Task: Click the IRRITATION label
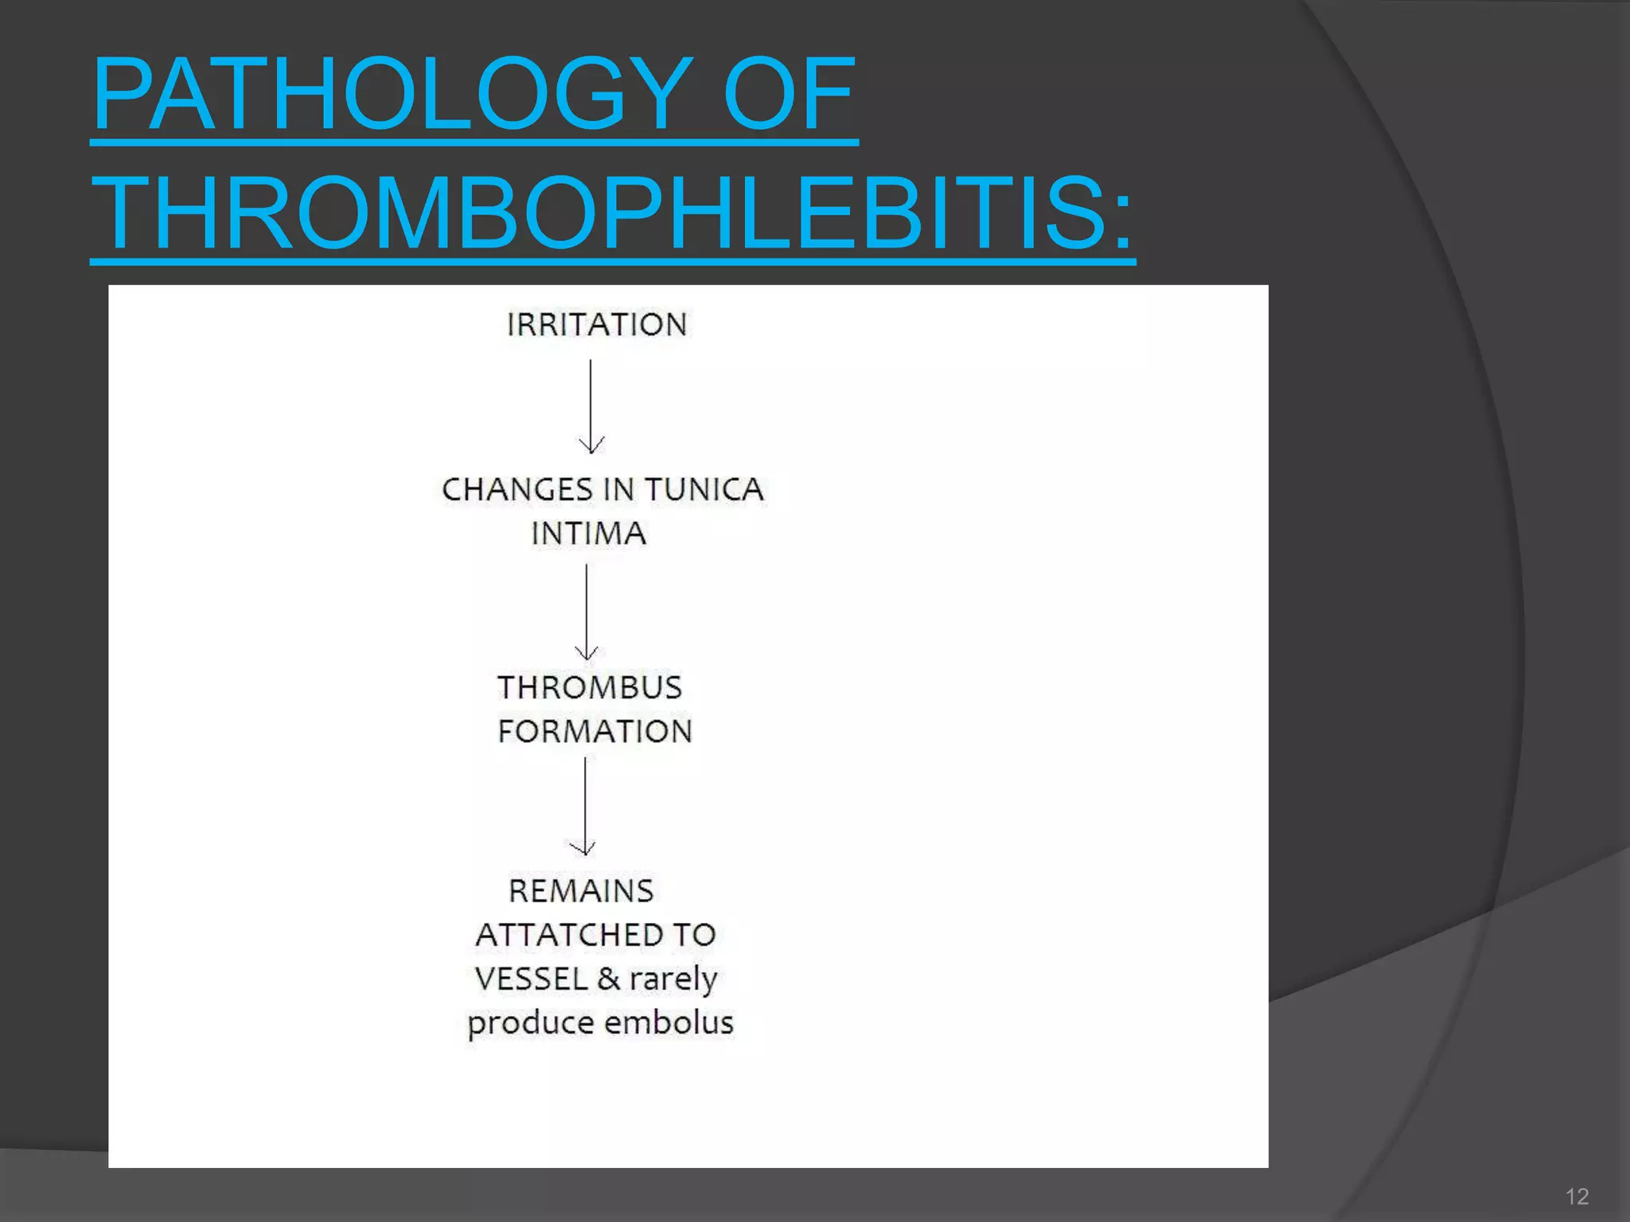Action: pos(597,325)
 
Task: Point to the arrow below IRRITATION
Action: pos(591,406)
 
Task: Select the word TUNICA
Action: pos(704,490)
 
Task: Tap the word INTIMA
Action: pos(588,534)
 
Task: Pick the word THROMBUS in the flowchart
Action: pos(590,688)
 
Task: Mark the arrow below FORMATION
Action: pos(585,805)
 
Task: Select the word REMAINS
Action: pos(581,892)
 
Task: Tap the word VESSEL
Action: pos(531,979)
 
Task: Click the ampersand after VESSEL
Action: pos(608,979)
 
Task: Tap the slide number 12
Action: pos(1577,1197)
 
